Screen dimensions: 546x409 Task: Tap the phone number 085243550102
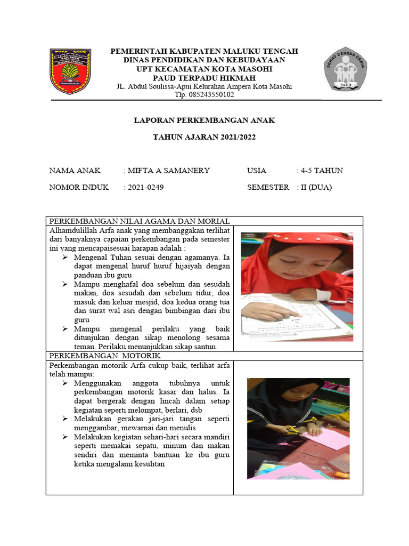pyautogui.click(x=204, y=95)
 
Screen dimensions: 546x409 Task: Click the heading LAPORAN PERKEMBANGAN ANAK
pyautogui.click(x=204, y=121)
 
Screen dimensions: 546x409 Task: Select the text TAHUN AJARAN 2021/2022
pyautogui.click(x=204, y=138)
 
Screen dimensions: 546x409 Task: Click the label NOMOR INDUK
pyautogui.click(x=79, y=187)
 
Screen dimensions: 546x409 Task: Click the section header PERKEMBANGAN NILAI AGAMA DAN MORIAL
pyautogui.click(x=140, y=221)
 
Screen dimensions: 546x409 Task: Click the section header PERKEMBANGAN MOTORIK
pyautogui.click(x=104, y=356)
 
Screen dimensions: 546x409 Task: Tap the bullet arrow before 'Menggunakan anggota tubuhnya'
pyautogui.click(x=64, y=383)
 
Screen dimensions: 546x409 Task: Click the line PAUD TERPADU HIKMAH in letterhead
pyautogui.click(x=204, y=78)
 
